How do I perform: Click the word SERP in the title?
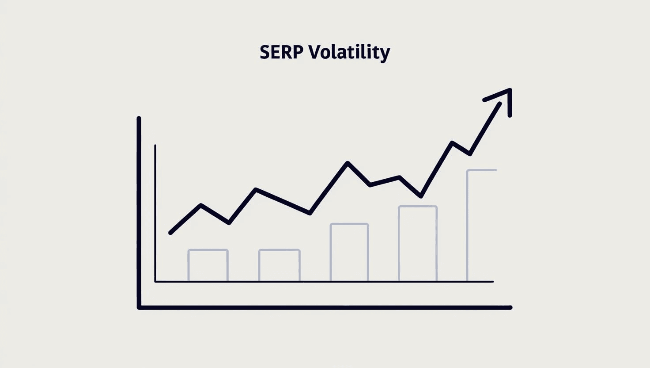pyautogui.click(x=281, y=52)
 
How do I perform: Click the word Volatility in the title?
pyautogui.click(x=349, y=53)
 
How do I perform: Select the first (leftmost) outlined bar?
pyautogui.click(x=208, y=265)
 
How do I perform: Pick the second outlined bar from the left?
pyautogui.click(x=279, y=265)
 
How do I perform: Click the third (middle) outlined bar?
pyautogui.click(x=349, y=252)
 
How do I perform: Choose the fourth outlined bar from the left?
pyautogui.click(x=418, y=243)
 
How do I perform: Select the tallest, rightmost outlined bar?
pyautogui.click(x=481, y=226)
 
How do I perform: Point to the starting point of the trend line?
pyautogui.click(x=170, y=232)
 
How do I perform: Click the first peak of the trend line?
pyautogui.click(x=201, y=205)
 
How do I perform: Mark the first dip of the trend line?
pyautogui.click(x=229, y=223)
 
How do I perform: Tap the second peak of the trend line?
pyautogui.click(x=256, y=189)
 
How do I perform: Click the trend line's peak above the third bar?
pyautogui.click(x=348, y=163)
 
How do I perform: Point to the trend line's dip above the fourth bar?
pyautogui.click(x=421, y=196)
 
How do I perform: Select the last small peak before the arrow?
pyautogui.click(x=452, y=142)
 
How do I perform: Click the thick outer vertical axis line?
pyautogui.click(x=139, y=212)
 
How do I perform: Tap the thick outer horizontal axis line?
pyautogui.click(x=325, y=307)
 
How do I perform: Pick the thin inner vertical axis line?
pyautogui.click(x=155, y=212)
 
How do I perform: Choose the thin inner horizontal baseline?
pyautogui.click(x=325, y=281)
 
